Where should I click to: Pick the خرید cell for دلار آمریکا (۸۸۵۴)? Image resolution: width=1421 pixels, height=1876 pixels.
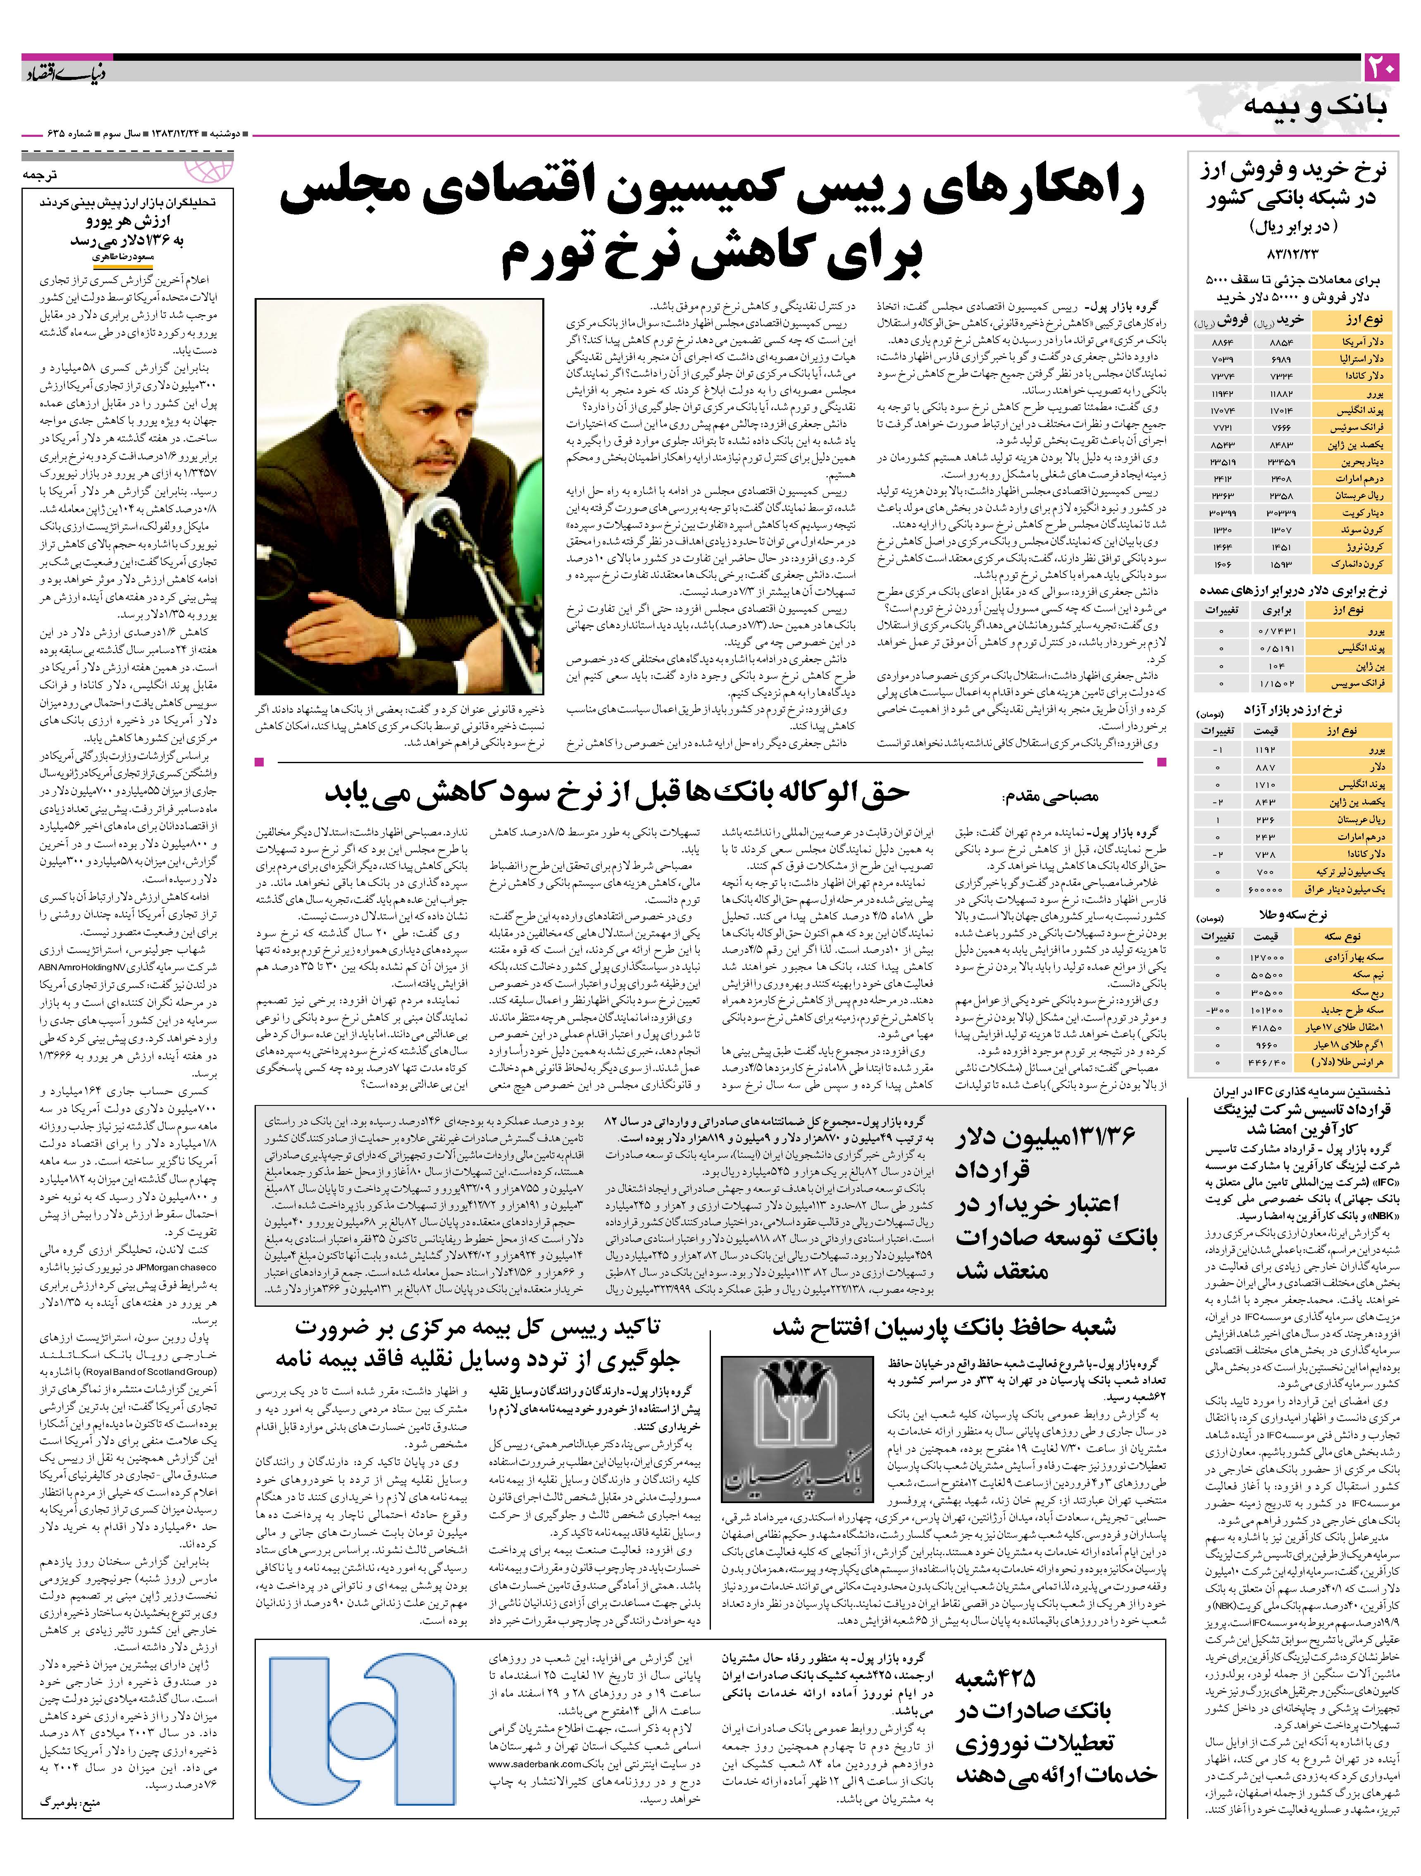pos(1281,341)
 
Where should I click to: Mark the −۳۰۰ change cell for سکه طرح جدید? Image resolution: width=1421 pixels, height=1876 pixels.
pos(1218,1010)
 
